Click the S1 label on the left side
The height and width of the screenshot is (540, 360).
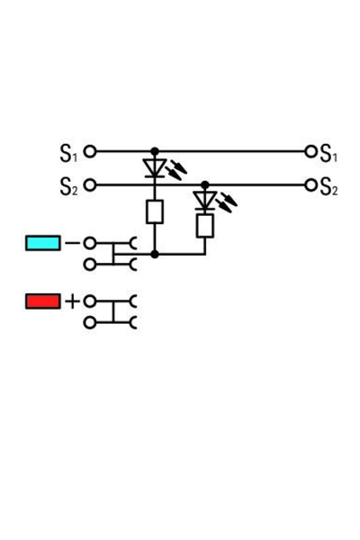68,153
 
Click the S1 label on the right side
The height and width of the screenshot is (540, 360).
328,153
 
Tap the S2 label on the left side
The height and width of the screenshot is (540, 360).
68,186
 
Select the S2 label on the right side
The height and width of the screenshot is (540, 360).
328,186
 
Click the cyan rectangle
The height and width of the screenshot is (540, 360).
43,243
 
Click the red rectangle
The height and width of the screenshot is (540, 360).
43,301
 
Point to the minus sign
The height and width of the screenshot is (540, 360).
72,243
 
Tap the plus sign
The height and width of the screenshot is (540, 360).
72,301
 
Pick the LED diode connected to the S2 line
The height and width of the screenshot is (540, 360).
205,200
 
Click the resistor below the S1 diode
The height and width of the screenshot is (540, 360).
155,211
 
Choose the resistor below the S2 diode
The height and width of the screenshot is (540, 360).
205,225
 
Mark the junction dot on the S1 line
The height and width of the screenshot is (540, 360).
155,151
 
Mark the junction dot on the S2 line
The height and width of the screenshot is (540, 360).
205,184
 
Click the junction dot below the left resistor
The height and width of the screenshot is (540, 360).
155,255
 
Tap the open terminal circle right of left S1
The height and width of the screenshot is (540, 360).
90,151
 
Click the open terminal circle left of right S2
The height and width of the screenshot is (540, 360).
311,184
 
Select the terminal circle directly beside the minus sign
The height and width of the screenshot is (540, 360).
90,243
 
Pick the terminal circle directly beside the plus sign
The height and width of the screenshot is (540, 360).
90,301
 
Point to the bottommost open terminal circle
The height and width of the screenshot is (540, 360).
90,322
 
